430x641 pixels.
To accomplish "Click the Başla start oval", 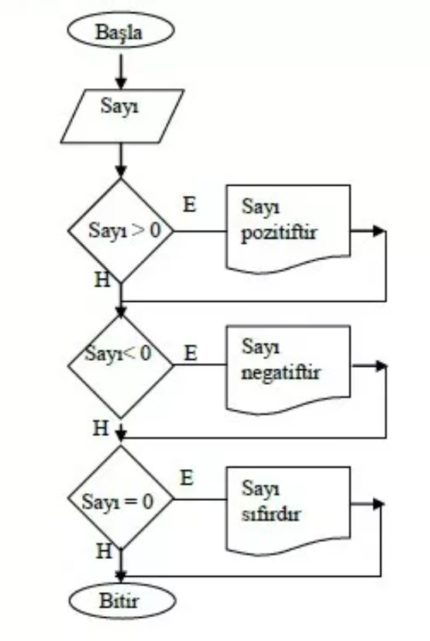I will pos(119,31).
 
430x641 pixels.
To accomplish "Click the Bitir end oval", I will pos(120,601).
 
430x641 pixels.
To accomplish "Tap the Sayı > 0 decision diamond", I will pos(120,229).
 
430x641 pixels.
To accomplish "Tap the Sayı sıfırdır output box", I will pos(288,503).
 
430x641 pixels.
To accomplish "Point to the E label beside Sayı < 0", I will pos(191,352).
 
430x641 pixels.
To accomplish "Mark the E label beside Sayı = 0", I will pos(186,477).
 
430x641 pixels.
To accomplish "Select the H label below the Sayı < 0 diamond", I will pos(100,428).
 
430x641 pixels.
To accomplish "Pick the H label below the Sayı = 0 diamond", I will pos(103,550).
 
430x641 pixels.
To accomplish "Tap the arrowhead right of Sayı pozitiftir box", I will pos(378,231).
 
